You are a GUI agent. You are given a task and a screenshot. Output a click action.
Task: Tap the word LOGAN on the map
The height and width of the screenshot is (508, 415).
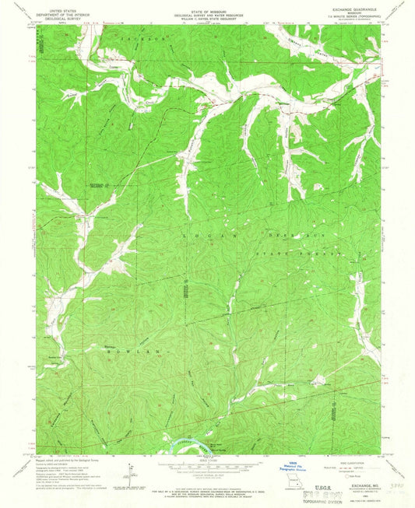tap(201, 233)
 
